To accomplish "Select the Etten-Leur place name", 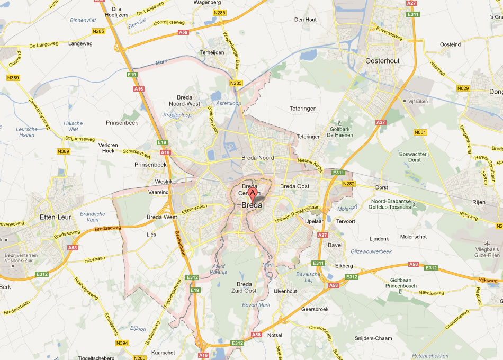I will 56,217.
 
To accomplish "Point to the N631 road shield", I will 420,132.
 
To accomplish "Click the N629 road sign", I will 463,88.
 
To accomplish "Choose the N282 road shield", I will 348,184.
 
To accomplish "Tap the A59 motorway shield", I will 183,32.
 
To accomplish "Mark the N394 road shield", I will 122,343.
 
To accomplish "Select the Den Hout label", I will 305,20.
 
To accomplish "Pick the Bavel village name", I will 335,246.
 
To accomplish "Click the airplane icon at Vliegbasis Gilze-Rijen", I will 487,242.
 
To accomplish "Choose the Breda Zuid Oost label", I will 244,287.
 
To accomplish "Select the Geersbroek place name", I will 315,309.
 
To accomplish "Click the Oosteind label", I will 450,44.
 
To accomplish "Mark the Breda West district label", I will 162,217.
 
